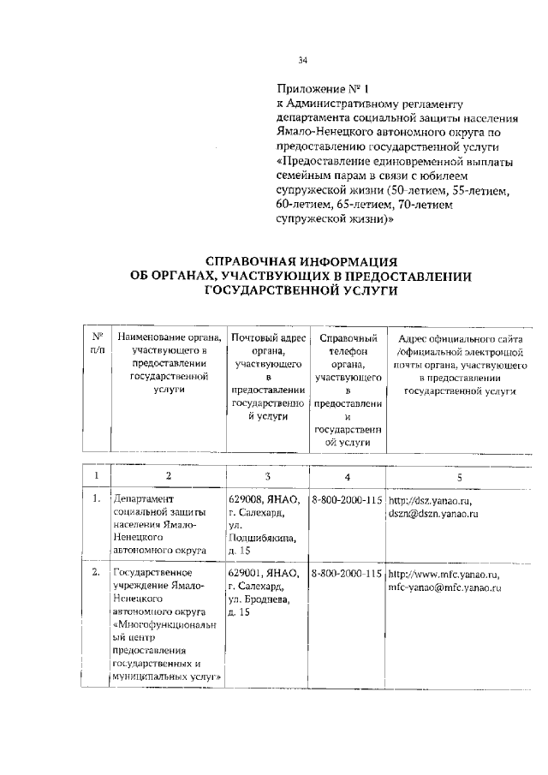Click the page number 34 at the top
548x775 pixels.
pyautogui.click(x=302, y=60)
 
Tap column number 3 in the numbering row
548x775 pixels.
pyautogui.click(x=267, y=476)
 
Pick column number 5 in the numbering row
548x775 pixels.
pyautogui.click(x=460, y=476)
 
